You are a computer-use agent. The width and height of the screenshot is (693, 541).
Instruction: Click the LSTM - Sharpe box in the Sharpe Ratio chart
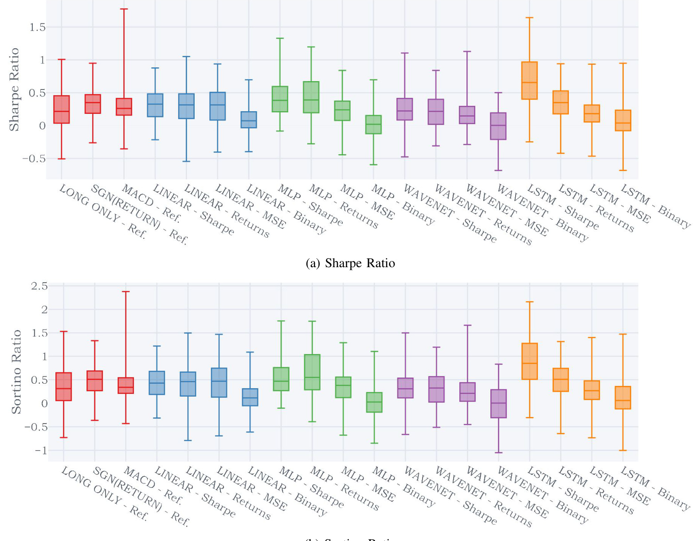(x=529, y=81)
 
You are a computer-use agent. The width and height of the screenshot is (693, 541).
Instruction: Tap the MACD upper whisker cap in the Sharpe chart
(x=124, y=9)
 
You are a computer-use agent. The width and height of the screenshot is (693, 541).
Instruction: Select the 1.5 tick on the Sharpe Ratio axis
(x=37, y=27)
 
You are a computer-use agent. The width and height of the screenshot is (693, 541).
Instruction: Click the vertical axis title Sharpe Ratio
(x=14, y=90)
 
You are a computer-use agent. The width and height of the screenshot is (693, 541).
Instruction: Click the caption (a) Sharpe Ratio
(x=350, y=263)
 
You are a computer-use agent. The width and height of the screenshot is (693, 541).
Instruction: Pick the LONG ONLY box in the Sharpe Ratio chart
(x=62, y=109)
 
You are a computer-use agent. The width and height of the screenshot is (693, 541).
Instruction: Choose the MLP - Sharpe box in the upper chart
(x=280, y=99)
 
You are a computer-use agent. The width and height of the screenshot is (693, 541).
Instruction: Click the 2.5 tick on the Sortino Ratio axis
(x=39, y=286)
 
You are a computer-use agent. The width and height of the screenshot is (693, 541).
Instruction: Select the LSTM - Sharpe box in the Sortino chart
(x=529, y=361)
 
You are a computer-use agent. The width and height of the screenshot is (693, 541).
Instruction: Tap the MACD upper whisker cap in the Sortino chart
(x=126, y=292)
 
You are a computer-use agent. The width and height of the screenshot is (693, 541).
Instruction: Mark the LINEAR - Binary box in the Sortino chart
(x=250, y=397)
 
